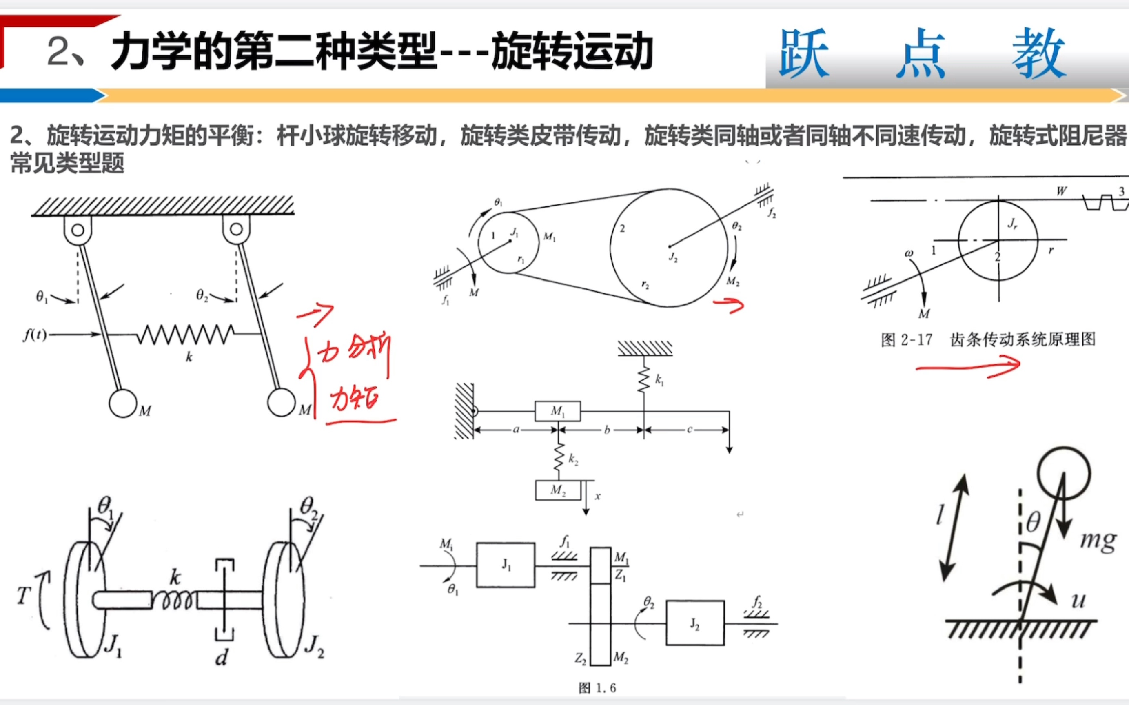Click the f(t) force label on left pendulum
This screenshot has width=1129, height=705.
click(35, 335)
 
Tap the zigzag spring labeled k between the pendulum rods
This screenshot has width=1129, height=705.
click(186, 334)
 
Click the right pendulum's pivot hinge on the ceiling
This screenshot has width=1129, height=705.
click(236, 229)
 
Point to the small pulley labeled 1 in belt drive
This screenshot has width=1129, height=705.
click(508, 242)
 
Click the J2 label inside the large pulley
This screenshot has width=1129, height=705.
click(673, 257)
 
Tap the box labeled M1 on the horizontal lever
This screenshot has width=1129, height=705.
click(558, 411)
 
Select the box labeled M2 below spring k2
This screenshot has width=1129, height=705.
click(558, 490)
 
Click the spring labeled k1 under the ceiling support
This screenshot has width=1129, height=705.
click(644, 379)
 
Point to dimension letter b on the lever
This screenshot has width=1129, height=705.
click(607, 430)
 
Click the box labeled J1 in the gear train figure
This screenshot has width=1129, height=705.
click(506, 565)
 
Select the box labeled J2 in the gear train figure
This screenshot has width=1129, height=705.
click(695, 623)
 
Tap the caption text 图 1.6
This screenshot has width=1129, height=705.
click(597, 688)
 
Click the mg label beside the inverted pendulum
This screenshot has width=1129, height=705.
click(1098, 541)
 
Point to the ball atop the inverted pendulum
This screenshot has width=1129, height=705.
click(1064, 474)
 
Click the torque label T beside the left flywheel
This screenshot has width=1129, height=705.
click(23, 596)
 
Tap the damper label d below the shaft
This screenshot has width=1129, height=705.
click(222, 658)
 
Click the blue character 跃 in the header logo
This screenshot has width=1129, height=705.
click(804, 53)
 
